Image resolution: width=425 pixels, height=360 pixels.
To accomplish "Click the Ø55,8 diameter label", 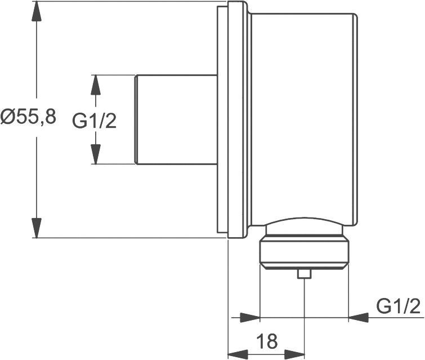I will [28, 117].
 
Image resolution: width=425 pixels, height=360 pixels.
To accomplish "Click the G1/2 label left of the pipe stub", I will [95, 120].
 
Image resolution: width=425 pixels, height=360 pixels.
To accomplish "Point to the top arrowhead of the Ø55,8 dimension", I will [37, 12].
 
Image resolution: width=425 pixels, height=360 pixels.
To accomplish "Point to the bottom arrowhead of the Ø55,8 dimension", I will [37, 227].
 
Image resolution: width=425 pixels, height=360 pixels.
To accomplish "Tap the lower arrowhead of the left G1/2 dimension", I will [96, 153].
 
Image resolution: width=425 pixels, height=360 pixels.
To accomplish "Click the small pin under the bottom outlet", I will [305, 274].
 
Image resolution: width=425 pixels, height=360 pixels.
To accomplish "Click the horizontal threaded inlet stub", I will [176, 119].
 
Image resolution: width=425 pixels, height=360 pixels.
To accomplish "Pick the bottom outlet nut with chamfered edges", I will [304, 254].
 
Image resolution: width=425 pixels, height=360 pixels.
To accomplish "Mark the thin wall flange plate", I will [223, 119].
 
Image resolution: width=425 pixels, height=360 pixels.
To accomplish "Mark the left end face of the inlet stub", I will [136, 119].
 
